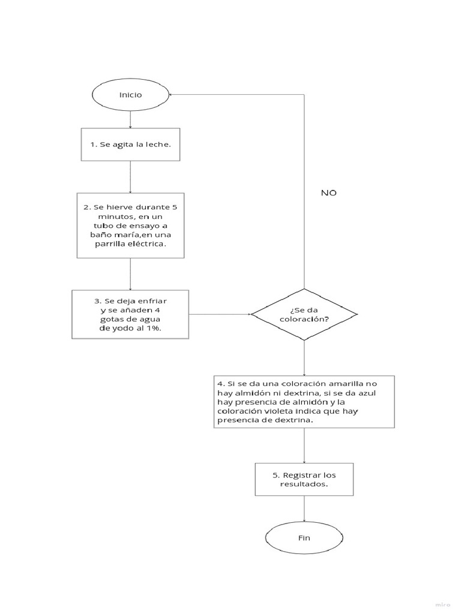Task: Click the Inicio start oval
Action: point(130,95)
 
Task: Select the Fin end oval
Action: point(304,537)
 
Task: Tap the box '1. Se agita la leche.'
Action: point(130,145)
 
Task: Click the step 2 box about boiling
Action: point(130,225)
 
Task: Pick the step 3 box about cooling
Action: point(130,314)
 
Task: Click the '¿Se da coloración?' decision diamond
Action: point(304,314)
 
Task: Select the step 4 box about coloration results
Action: point(304,402)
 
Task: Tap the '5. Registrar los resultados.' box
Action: point(304,479)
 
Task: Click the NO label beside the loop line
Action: point(328,193)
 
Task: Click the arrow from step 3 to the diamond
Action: point(220,314)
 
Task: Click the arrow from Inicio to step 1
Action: point(130,119)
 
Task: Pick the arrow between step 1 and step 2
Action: point(130,176)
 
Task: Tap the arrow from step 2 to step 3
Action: point(130,274)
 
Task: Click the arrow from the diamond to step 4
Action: point(304,358)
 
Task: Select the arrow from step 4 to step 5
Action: point(304,445)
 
